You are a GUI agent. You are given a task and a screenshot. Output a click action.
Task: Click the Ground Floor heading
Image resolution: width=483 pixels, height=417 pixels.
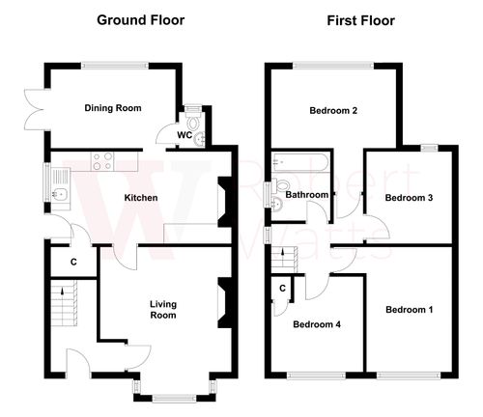pyautogui.click(x=140, y=19)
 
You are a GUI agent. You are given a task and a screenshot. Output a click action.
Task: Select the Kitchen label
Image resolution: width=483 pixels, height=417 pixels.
pyautogui.click(x=141, y=199)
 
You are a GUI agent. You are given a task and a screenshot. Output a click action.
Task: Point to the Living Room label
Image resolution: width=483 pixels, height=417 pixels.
pyautogui.click(x=162, y=309)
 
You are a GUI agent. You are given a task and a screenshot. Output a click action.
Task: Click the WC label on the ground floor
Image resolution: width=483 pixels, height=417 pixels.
pyautogui.click(x=184, y=135)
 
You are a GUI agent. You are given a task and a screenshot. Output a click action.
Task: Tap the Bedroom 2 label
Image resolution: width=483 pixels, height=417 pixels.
pyautogui.click(x=333, y=111)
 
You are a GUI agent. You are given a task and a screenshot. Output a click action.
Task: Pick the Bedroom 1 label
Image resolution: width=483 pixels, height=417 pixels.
pyautogui.click(x=409, y=310)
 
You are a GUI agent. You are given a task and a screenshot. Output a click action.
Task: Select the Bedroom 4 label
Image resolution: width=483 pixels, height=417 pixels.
pyautogui.click(x=316, y=324)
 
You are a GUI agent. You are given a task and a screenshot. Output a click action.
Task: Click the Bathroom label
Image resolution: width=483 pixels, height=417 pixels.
pyautogui.click(x=307, y=195)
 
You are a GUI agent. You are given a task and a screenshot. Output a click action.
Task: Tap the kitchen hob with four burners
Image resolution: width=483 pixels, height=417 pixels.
pyautogui.click(x=102, y=163)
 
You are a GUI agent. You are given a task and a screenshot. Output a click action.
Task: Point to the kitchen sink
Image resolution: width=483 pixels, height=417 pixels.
pyautogui.click(x=59, y=198)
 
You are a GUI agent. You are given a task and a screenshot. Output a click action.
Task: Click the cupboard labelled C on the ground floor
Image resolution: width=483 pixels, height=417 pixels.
pyautogui.click(x=73, y=262)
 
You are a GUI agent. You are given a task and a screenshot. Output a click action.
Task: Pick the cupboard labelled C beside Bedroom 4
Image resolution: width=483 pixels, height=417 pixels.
pyautogui.click(x=282, y=288)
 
